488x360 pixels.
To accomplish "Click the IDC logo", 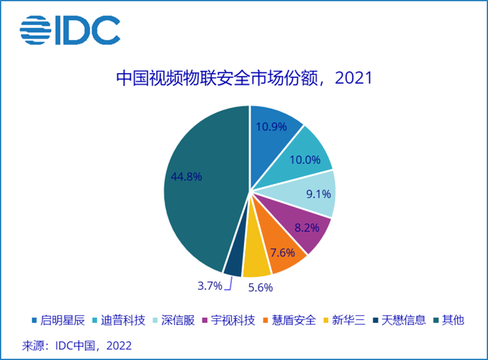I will click(x=70, y=30).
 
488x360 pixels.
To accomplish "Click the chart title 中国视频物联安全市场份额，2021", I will click(x=244, y=79).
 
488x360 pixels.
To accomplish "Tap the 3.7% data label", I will click(x=210, y=285).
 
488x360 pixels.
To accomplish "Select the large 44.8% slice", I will click(x=199, y=181).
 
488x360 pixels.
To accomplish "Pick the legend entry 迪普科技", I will click(x=123, y=321).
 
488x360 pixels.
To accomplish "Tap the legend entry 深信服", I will click(x=179, y=321).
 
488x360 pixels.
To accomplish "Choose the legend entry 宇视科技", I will click(x=233, y=321).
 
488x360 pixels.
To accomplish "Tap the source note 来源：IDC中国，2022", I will click(x=77, y=346).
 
